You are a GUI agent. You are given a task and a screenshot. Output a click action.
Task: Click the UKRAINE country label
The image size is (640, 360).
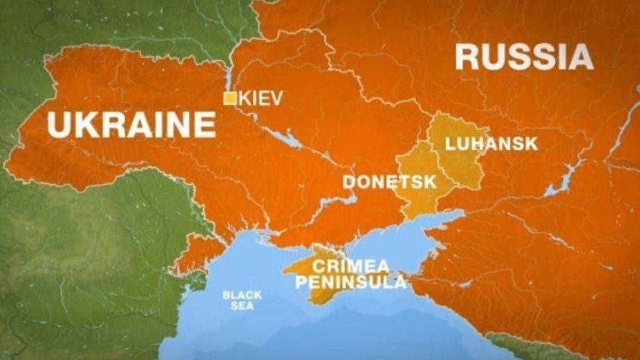[x=131, y=125]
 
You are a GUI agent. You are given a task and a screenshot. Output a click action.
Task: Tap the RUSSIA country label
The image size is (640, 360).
[x=524, y=57]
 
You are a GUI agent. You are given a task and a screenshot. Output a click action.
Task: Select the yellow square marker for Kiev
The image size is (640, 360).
[x=230, y=99]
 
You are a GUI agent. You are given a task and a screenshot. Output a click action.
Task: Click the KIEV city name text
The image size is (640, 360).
[x=261, y=98]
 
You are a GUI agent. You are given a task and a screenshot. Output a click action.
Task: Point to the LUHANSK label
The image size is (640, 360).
[x=491, y=143]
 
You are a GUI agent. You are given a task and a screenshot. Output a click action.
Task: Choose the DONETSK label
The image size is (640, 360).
[x=389, y=182]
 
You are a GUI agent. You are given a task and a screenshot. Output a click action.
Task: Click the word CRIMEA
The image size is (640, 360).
[x=343, y=265]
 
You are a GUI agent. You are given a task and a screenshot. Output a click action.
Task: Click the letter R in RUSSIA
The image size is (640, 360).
[x=468, y=57]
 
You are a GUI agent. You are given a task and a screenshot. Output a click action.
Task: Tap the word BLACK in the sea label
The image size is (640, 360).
[x=242, y=295]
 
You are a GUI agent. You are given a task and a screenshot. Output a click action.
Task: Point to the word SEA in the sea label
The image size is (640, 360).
[x=242, y=307]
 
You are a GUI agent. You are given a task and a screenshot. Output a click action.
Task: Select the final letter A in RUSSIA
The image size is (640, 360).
[x=580, y=57]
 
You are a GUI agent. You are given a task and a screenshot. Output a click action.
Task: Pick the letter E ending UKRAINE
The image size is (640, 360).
[x=205, y=125]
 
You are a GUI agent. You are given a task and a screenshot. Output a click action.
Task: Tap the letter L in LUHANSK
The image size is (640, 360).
[x=450, y=143]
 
